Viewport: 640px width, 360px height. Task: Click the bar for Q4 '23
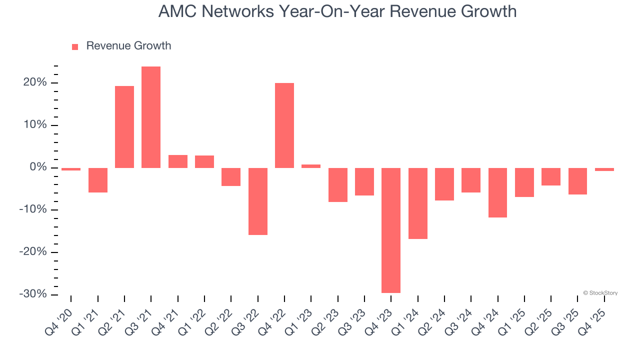click(391, 230)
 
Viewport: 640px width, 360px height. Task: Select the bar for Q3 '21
click(151, 117)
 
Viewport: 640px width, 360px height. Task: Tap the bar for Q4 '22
click(284, 125)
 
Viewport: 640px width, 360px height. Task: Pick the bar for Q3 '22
click(258, 201)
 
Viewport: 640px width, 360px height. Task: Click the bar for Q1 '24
click(418, 203)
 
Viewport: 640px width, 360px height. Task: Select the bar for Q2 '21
click(124, 127)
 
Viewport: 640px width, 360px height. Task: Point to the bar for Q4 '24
click(498, 192)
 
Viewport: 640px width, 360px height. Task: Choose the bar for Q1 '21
click(98, 180)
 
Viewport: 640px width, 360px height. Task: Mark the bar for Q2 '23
click(338, 184)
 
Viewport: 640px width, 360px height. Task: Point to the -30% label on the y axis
click(33, 294)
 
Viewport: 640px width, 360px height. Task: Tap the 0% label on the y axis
click(38, 167)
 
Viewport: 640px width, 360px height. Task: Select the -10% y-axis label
click(33, 209)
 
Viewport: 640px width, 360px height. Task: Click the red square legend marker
click(75, 47)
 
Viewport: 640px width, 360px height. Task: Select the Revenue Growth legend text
click(128, 46)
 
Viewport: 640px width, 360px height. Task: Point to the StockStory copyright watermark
click(600, 293)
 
